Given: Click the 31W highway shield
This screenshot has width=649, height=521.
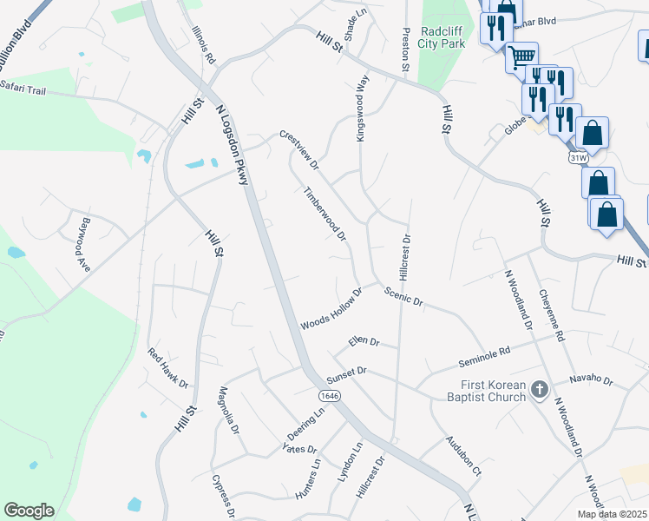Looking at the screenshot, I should click(580, 158).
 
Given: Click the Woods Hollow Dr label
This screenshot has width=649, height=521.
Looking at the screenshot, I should click(331, 310).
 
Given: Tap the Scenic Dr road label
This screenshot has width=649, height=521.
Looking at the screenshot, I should click(403, 297).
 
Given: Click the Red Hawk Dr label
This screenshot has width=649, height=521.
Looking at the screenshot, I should click(167, 369).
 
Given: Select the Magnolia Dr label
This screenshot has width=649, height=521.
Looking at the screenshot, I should click(228, 413).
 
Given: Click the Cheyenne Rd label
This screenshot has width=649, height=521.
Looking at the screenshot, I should click(552, 315).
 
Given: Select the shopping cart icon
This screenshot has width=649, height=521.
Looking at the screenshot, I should click(521, 56).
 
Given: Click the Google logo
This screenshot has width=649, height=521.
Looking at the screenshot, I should click(29, 511).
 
